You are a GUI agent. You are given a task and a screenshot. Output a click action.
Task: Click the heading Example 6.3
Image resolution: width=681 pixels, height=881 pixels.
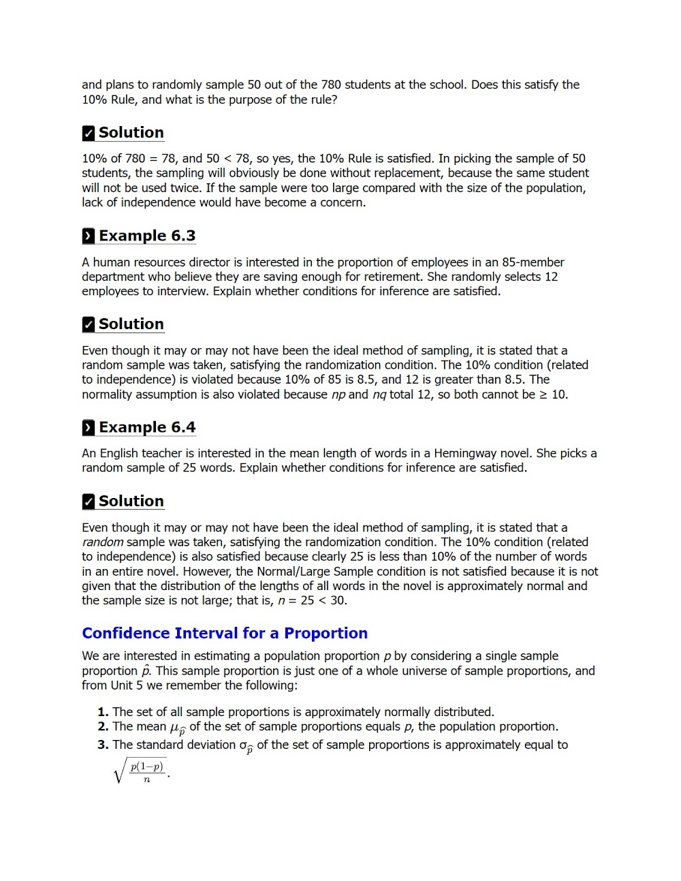[x=146, y=236]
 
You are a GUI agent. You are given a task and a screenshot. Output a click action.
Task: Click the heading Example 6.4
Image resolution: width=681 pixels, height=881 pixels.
[x=146, y=427]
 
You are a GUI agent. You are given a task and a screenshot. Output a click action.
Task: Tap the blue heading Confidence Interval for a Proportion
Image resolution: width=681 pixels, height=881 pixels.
[x=225, y=633]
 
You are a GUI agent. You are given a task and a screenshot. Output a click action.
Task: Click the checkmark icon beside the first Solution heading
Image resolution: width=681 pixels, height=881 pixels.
[x=89, y=133]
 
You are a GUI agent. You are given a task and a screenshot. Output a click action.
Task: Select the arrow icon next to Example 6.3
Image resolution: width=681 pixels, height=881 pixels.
[x=89, y=236]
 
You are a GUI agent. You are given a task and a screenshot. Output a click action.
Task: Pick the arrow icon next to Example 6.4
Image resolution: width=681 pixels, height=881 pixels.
[x=89, y=428]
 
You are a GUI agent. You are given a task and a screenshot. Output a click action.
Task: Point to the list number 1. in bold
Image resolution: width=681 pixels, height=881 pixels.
[x=103, y=711]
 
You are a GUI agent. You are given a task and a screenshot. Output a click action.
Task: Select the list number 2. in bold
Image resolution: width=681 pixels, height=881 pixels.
[x=103, y=726]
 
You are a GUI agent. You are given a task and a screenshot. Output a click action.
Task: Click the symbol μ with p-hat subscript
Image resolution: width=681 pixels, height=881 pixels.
[x=177, y=728]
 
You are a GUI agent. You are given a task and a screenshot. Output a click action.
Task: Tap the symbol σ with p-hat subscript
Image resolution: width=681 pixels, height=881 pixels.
[x=247, y=747]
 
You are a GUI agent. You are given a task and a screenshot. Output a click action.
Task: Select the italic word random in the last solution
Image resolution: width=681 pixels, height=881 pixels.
[x=102, y=542]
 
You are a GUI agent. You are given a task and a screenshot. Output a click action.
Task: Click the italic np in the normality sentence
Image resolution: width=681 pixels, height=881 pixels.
[x=338, y=395]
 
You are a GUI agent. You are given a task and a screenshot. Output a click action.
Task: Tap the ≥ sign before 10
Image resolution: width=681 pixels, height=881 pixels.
[x=543, y=395]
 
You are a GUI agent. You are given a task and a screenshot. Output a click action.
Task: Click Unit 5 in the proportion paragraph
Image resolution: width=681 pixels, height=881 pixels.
[x=126, y=685]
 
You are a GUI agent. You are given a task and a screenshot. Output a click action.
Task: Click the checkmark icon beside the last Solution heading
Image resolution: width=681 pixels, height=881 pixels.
[x=89, y=501]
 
